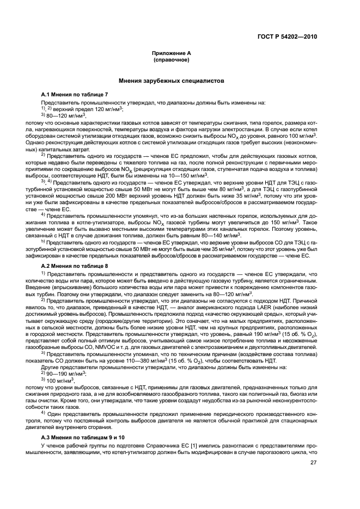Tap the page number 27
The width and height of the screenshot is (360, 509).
tap(313, 463)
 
